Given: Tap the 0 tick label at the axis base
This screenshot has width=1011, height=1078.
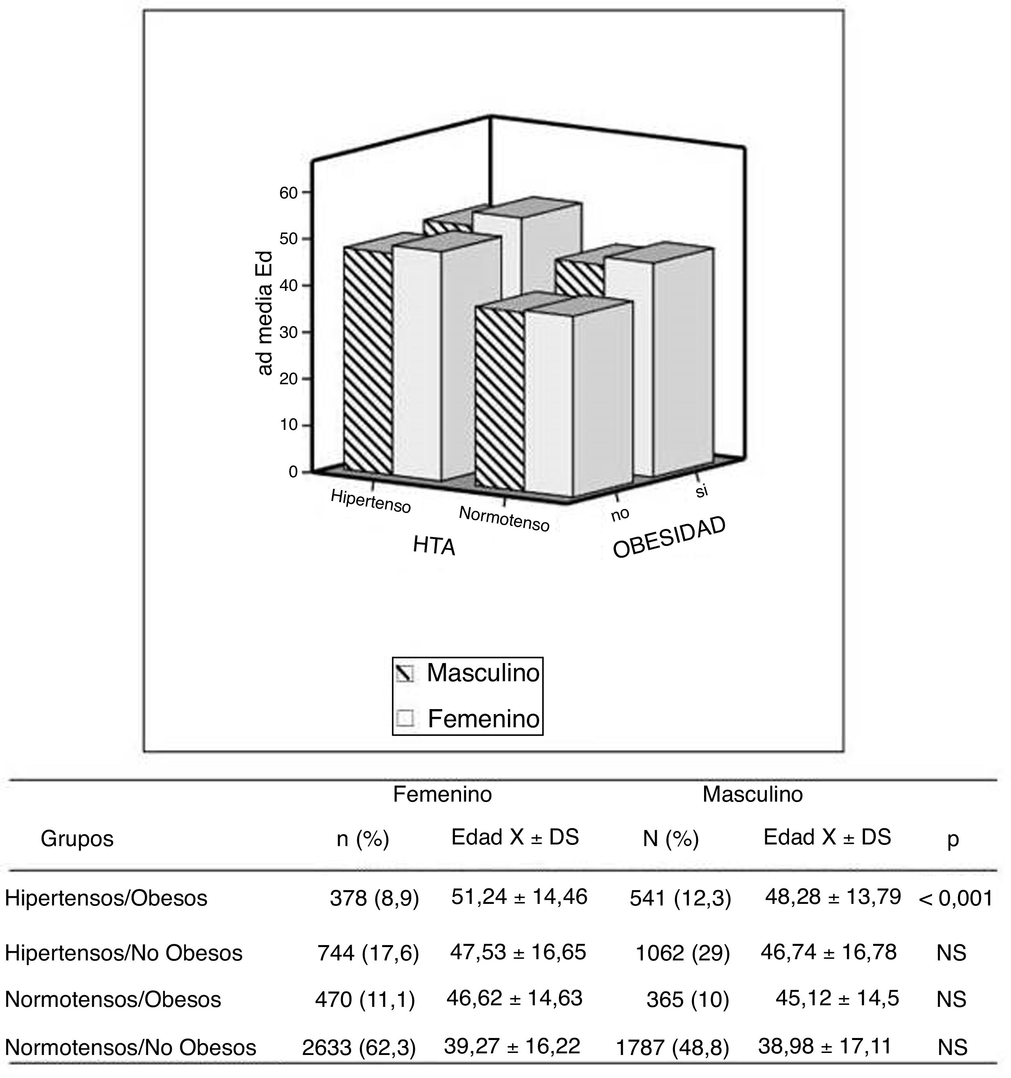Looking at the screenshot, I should click(x=293, y=472).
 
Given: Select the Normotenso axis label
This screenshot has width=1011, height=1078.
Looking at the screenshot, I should click(x=504, y=518).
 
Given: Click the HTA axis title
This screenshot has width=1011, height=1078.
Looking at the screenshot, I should click(x=434, y=545).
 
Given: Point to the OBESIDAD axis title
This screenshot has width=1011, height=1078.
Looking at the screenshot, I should click(x=669, y=538).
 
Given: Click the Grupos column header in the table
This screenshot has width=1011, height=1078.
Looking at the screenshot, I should click(x=77, y=839).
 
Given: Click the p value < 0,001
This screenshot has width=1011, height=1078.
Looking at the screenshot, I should click(x=956, y=899).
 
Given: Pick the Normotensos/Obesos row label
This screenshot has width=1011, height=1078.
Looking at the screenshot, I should click(x=113, y=999).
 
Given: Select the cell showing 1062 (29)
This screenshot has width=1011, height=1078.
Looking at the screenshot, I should click(x=682, y=953).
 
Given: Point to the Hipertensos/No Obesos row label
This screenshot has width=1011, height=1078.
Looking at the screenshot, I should click(x=124, y=953).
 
